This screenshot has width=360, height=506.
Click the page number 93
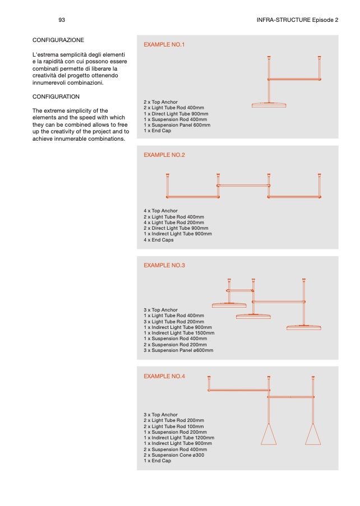pyautogui.click(x=62, y=20)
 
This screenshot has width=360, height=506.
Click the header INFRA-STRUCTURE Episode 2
pyautogui.click(x=297, y=20)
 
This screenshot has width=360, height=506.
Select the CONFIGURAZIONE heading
pyautogui.click(x=58, y=40)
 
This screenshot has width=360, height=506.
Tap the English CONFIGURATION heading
pyautogui.click(x=56, y=96)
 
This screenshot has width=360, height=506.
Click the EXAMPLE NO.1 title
pyautogui.click(x=164, y=44)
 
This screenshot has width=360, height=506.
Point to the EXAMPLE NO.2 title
pyautogui.click(x=164, y=155)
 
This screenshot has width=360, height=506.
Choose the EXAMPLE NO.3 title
pyautogui.click(x=164, y=265)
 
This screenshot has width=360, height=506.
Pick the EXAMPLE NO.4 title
pyautogui.click(x=164, y=376)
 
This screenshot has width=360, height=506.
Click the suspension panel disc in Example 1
pyautogui.click(x=269, y=105)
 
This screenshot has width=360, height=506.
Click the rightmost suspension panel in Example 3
pyautogui.click(x=304, y=328)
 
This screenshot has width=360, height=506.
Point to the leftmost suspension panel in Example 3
pyautogui.click(x=229, y=305)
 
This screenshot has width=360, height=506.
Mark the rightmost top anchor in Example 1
pyautogui.click(x=319, y=58)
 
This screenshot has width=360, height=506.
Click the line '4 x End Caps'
pyautogui.click(x=159, y=240)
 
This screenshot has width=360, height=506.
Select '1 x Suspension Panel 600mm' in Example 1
pyautogui.click(x=177, y=125)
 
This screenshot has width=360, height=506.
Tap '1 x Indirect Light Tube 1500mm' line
pyautogui.click(x=179, y=333)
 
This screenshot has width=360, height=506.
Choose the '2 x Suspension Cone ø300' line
pyautogui.click(x=174, y=455)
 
